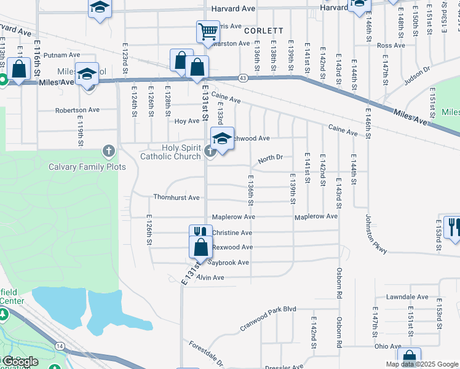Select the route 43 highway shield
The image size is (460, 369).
(x=244, y=77)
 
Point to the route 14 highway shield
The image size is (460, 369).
(x=60, y=346)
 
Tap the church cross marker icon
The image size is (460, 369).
(x=210, y=151)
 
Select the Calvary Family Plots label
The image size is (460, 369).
(x=87, y=167)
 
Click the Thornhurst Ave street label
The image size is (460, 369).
(x=176, y=197)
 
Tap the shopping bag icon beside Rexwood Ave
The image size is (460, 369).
(x=200, y=247)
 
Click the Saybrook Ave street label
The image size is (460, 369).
(x=228, y=263)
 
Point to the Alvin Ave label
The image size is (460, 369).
(x=210, y=278)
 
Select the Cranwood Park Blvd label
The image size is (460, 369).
(x=268, y=319)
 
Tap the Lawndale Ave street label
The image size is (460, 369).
(x=407, y=296)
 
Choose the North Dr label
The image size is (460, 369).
(x=270, y=158)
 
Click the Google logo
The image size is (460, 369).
(x=20, y=361)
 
